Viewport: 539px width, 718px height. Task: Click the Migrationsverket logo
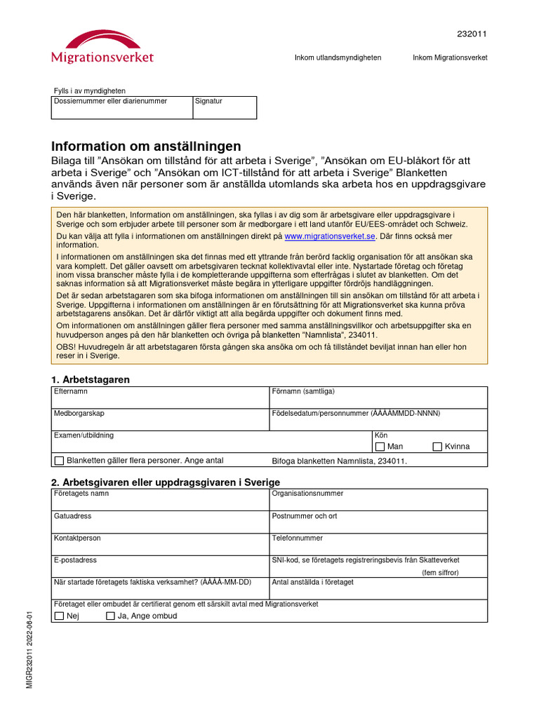pos(102,47)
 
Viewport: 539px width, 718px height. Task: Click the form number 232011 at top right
pos(472,34)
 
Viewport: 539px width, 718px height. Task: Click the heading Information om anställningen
pos(146,147)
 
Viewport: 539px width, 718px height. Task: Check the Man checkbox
pos(380,447)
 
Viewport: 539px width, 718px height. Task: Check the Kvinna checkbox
pos(438,447)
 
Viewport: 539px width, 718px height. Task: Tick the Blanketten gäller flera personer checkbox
pos(59,461)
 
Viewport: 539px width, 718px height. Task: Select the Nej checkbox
pos(59,616)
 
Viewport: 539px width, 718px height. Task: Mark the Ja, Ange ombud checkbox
pos(110,616)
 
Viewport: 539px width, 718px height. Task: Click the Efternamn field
pos(161,400)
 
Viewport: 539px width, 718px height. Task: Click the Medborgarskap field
pos(161,422)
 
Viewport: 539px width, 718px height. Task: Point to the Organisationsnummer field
pos(378,503)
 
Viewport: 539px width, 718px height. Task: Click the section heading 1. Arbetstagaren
pos(91,379)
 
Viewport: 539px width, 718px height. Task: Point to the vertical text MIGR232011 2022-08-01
pos(30,649)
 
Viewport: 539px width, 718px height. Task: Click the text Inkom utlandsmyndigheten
pos(338,57)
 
